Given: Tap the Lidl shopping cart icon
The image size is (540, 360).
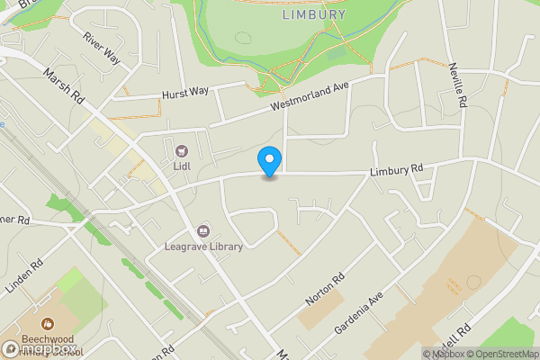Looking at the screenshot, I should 182,150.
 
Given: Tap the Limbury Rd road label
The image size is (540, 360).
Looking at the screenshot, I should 396,168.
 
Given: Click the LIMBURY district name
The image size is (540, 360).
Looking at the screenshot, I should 313,14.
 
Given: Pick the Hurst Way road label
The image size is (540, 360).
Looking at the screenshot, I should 185,93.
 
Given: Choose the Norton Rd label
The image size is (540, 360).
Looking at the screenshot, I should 326,293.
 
